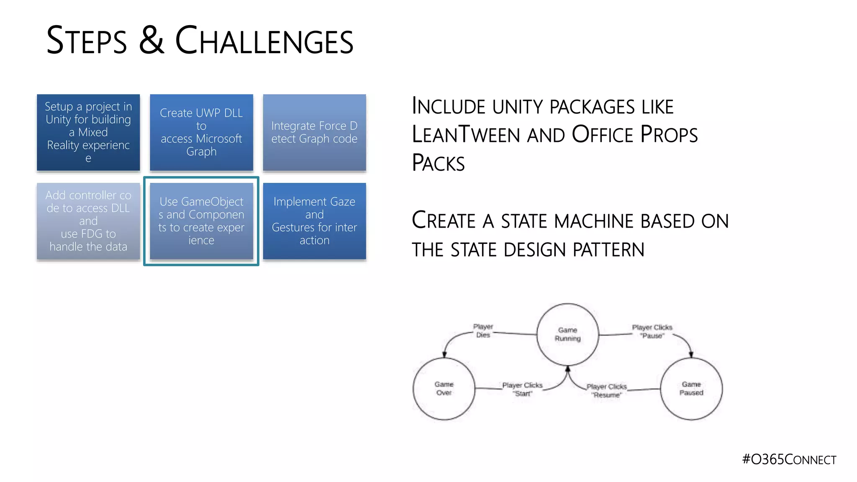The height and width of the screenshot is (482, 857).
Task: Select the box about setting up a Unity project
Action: (x=88, y=132)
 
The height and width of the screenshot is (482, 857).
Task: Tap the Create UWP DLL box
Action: (x=201, y=132)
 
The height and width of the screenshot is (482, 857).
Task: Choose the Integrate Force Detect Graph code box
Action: (x=314, y=132)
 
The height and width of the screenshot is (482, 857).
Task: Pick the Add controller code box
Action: (x=88, y=221)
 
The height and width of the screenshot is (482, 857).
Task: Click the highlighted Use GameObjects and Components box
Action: (x=201, y=221)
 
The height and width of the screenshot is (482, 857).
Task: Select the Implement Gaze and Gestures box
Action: (x=314, y=221)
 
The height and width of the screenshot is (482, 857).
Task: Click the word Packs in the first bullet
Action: (x=438, y=163)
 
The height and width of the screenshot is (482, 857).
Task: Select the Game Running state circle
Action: (x=567, y=334)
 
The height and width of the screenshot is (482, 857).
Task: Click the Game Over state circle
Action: (x=444, y=389)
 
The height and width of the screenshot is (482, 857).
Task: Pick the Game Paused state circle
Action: (x=691, y=389)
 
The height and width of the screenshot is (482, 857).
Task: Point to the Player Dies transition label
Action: (x=483, y=331)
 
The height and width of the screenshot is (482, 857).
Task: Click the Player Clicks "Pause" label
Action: (x=652, y=331)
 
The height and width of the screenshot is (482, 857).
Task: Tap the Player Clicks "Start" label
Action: (x=522, y=389)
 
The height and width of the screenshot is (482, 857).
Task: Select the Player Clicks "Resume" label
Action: (x=606, y=391)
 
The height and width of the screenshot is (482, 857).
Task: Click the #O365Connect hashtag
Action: (x=789, y=459)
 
